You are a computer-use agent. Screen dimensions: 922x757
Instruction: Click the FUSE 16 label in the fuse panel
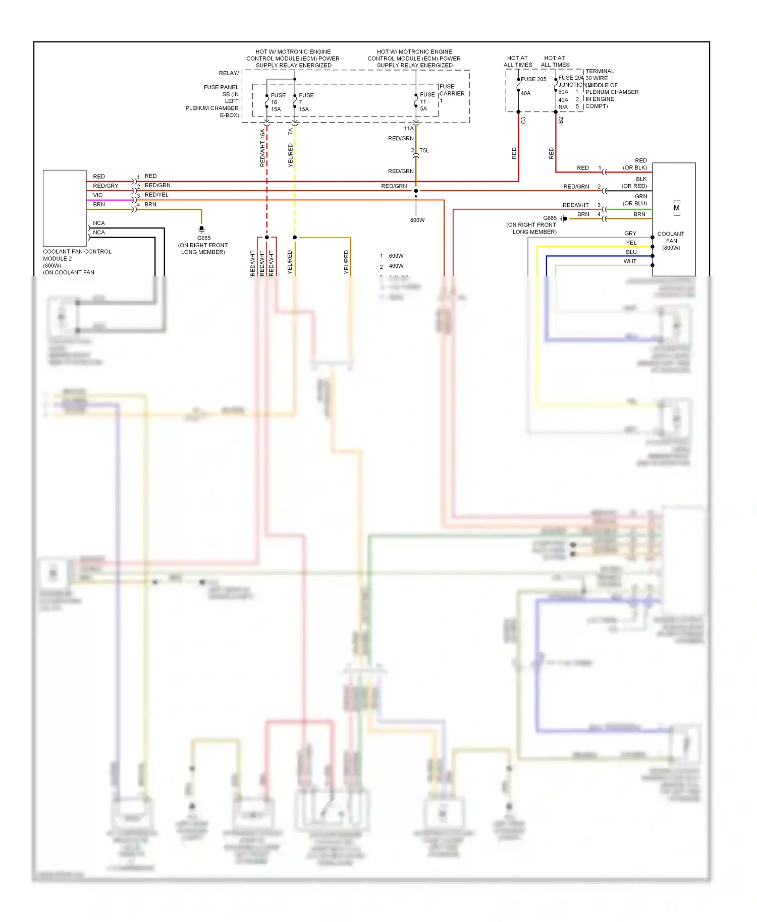277,102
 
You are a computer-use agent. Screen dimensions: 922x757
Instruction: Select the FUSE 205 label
533,79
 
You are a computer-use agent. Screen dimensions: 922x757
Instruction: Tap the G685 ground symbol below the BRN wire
201,229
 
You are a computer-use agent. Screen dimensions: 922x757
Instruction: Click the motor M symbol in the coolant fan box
676,208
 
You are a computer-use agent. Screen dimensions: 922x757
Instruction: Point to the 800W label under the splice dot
417,220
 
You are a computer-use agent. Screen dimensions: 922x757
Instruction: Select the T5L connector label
424,150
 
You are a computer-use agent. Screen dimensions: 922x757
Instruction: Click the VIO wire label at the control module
97,195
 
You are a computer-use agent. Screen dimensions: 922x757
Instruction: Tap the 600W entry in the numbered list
396,256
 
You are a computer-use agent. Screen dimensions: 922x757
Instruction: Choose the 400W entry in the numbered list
396,266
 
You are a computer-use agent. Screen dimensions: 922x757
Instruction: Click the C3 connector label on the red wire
523,121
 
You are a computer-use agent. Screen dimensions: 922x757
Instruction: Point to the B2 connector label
561,121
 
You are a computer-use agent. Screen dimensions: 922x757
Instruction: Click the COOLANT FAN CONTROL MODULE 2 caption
77,255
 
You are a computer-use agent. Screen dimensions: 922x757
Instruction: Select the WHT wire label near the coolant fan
629,261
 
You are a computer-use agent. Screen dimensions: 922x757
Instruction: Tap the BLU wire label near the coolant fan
631,252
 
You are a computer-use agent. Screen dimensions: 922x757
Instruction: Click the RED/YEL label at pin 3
156,195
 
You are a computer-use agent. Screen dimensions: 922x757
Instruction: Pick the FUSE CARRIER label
451,90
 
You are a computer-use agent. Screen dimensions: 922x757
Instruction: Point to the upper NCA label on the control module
99,223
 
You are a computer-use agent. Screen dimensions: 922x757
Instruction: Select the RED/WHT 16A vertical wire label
262,148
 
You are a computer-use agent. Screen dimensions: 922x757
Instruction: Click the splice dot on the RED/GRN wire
416,191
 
